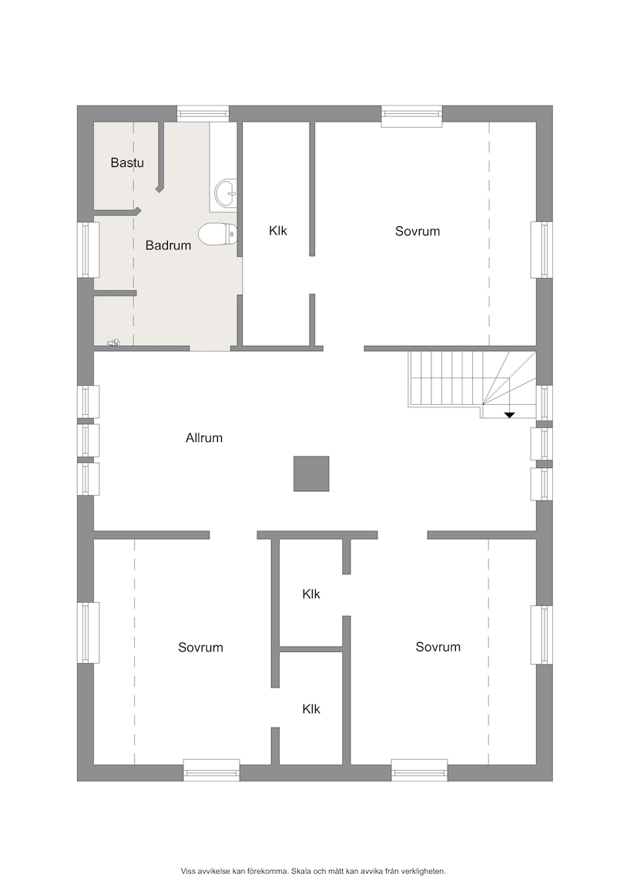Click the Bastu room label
(x=127, y=163)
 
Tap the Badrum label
(x=168, y=246)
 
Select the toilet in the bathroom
(x=217, y=233)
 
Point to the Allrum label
(x=203, y=438)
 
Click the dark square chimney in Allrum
(x=311, y=474)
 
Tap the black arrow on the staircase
(x=509, y=415)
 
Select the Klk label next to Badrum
(x=278, y=231)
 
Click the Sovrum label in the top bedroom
(x=417, y=231)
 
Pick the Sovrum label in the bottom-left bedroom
(x=200, y=648)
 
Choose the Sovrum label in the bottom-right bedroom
(x=438, y=647)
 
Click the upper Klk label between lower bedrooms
(x=311, y=594)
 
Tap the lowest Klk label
(x=311, y=709)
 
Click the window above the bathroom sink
(x=203, y=114)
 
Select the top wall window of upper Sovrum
(x=411, y=116)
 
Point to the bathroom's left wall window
(x=89, y=249)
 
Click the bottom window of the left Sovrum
(x=212, y=771)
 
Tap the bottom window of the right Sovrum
(x=420, y=771)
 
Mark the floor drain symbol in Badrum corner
(x=114, y=342)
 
